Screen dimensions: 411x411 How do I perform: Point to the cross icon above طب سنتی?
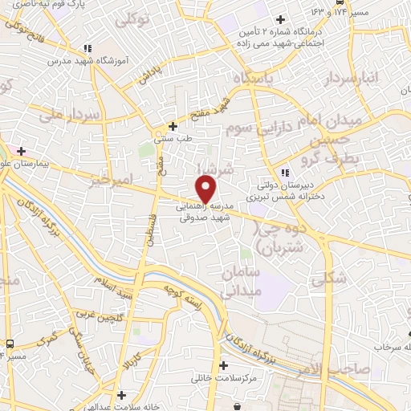[173, 126]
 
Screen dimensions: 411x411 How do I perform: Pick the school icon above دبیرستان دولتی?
[285, 173]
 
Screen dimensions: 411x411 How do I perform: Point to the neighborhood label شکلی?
[331, 278]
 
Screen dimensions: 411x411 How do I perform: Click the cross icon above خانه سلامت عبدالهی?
[121, 394]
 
